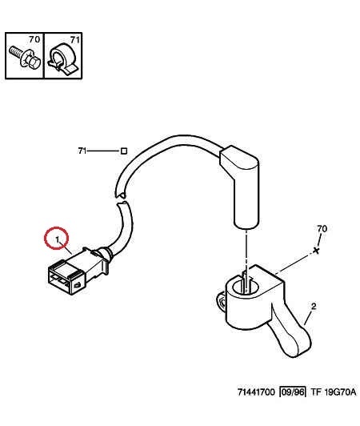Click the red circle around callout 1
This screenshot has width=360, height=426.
click(46, 238)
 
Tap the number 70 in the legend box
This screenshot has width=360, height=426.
click(34, 39)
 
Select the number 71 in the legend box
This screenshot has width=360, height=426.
click(75, 40)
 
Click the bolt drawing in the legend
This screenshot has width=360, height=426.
click(25, 58)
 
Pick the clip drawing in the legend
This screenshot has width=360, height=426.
click(62, 58)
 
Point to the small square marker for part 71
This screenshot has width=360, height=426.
click(124, 151)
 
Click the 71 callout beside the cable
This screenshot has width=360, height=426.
click(82, 151)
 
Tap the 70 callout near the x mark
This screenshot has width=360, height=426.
click(322, 229)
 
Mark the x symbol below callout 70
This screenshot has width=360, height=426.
click(316, 251)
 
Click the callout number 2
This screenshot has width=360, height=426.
click(314, 307)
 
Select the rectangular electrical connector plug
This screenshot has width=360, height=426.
click(78, 271)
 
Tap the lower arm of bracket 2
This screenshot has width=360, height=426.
click(292, 333)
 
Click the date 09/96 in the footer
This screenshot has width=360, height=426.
click(292, 392)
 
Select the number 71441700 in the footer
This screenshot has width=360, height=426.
click(256, 392)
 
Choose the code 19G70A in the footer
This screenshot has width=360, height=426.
click(340, 392)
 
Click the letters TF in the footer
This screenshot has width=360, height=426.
click(315, 392)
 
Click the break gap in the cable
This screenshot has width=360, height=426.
click(122, 199)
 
